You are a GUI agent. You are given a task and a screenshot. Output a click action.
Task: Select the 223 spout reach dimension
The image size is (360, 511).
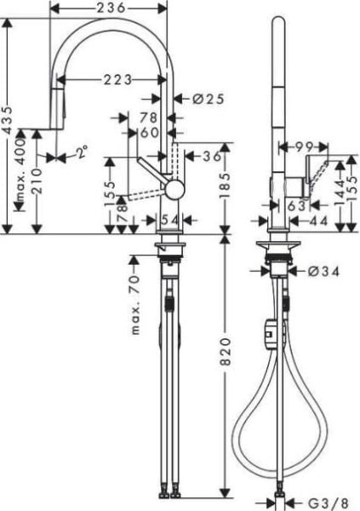click(x=117, y=80)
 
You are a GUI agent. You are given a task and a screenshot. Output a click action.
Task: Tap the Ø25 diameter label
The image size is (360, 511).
click(x=209, y=99)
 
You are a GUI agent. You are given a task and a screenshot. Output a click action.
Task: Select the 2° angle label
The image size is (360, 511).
click(x=82, y=154)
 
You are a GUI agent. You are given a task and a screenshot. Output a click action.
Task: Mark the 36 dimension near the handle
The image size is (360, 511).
click(x=213, y=156)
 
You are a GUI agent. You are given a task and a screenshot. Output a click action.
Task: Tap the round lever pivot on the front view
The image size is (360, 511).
click(x=173, y=189)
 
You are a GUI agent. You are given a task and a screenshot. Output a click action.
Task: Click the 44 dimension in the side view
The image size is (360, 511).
click(x=318, y=221)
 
